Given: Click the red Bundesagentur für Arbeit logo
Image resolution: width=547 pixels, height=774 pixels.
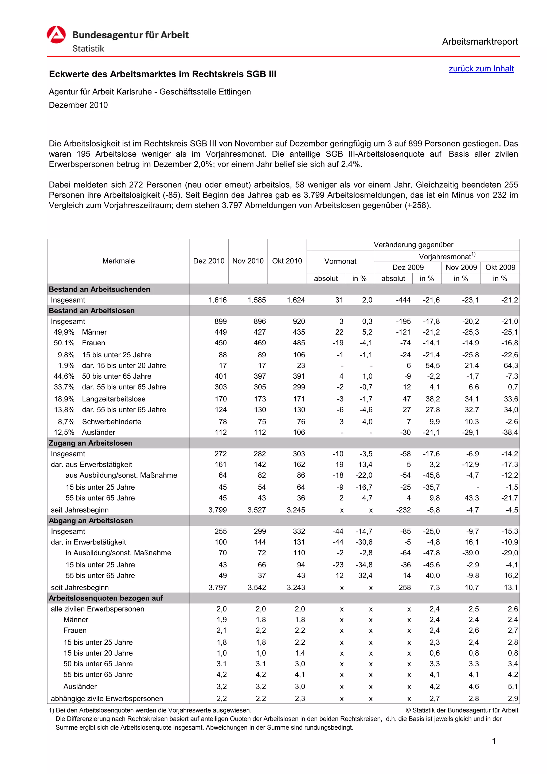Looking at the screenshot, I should [56, 35].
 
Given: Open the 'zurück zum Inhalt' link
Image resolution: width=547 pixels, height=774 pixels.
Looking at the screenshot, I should [481, 69].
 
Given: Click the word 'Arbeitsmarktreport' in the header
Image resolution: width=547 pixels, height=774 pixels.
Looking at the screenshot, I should [480, 42].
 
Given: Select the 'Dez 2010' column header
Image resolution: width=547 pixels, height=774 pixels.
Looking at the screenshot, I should [209, 261].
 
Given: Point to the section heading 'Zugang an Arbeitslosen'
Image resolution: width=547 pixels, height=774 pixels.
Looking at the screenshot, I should [90, 443].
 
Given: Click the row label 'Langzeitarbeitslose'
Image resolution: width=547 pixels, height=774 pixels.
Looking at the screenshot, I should [114, 399].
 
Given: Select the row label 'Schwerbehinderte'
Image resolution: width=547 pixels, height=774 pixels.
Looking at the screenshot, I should [111, 422].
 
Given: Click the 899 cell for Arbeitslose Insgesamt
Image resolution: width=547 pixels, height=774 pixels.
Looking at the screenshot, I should [220, 321].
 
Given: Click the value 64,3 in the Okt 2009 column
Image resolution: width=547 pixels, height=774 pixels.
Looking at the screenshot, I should [511, 365].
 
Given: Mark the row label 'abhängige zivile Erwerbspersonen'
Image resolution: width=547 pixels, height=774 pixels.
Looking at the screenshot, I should [107, 698].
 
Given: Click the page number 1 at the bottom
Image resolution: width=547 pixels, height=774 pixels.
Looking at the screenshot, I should [494, 741].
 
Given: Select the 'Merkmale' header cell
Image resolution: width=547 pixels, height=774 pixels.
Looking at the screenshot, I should [118, 261].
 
